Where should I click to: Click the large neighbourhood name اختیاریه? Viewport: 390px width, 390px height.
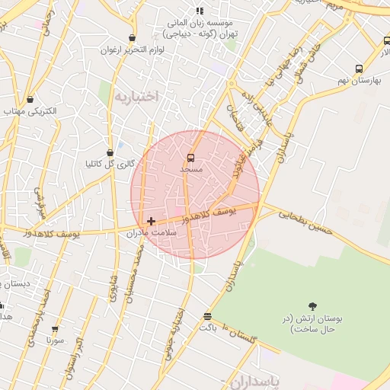coord(136,97)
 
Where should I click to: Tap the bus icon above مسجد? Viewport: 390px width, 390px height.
coord(190,158)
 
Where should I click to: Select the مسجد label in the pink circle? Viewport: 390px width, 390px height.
coord(190,169)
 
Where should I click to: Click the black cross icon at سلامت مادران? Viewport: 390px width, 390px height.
coord(152,221)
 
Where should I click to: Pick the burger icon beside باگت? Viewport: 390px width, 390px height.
coord(208,316)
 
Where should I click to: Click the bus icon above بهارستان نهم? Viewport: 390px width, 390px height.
coord(359,69)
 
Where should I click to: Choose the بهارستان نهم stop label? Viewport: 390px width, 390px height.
coord(357,80)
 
